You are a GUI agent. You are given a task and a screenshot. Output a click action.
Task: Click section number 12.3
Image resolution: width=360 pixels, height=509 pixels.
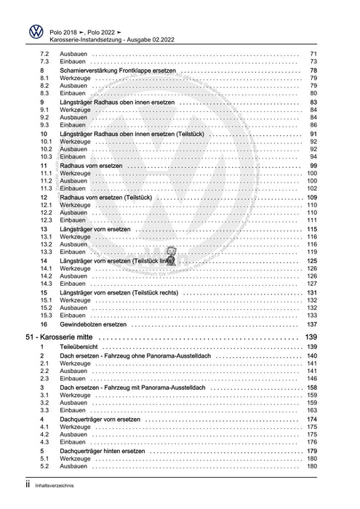click(x=45, y=220)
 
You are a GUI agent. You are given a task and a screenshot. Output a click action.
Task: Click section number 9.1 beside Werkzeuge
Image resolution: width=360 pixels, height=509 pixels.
click(x=44, y=110)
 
